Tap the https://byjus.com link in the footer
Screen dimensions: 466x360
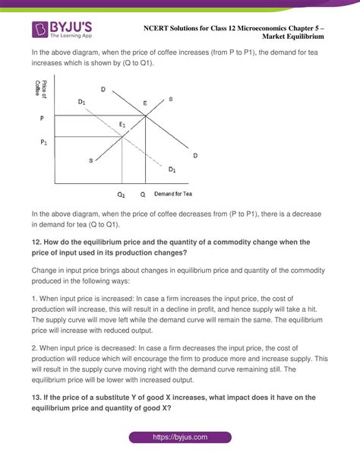tap(180, 439)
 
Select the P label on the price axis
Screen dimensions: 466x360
tap(41, 119)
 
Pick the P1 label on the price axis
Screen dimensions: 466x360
tap(43, 142)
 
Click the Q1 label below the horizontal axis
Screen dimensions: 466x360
tap(121, 195)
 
